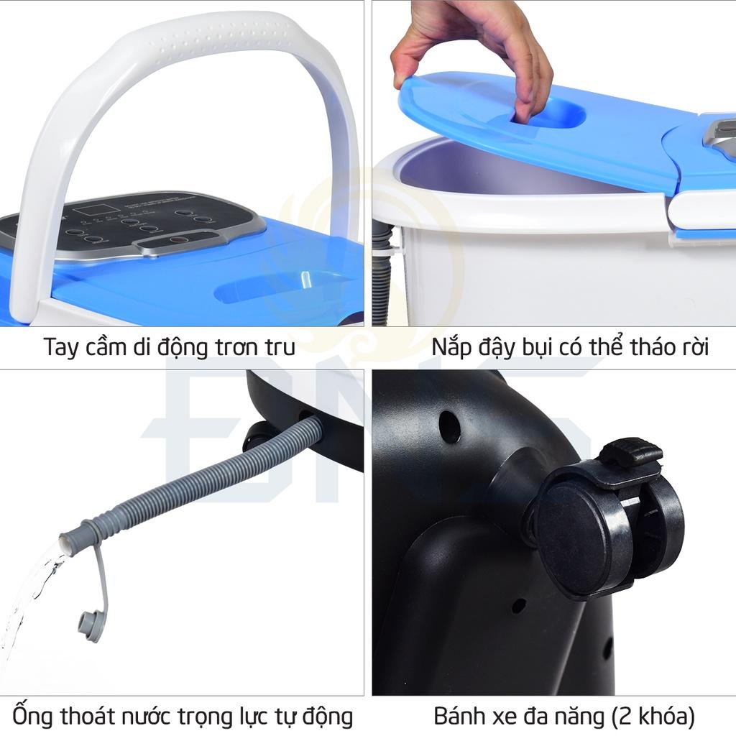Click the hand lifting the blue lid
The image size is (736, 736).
point(474,52)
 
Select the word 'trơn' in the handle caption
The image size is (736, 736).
point(234,348)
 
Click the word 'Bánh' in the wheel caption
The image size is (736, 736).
point(458,717)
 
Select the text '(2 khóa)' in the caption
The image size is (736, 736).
point(653,717)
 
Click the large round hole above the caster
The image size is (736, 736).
point(449,426)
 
